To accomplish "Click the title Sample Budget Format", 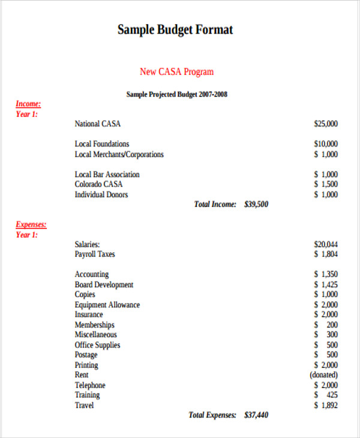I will (x=175, y=30).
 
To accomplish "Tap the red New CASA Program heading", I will (x=176, y=72).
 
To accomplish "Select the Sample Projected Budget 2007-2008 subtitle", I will (x=176, y=94).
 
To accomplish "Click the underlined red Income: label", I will (x=28, y=104).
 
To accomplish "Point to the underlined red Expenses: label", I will (x=31, y=224).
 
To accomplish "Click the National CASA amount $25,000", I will (x=325, y=124).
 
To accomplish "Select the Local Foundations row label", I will (x=101, y=144).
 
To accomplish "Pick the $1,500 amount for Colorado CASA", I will (x=326, y=185).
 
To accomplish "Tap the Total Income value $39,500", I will (x=256, y=205).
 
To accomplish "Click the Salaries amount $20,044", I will (x=325, y=244).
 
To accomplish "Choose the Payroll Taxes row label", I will (x=95, y=254).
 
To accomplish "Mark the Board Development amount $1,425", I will (x=326, y=285).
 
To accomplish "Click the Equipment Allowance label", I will (x=107, y=305).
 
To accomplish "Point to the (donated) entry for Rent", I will (x=323, y=375).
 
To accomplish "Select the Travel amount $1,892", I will (x=326, y=406).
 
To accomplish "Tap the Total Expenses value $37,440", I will (x=256, y=415).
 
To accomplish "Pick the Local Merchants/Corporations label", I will (x=119, y=154).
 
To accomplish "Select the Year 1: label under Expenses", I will (x=26, y=235).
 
